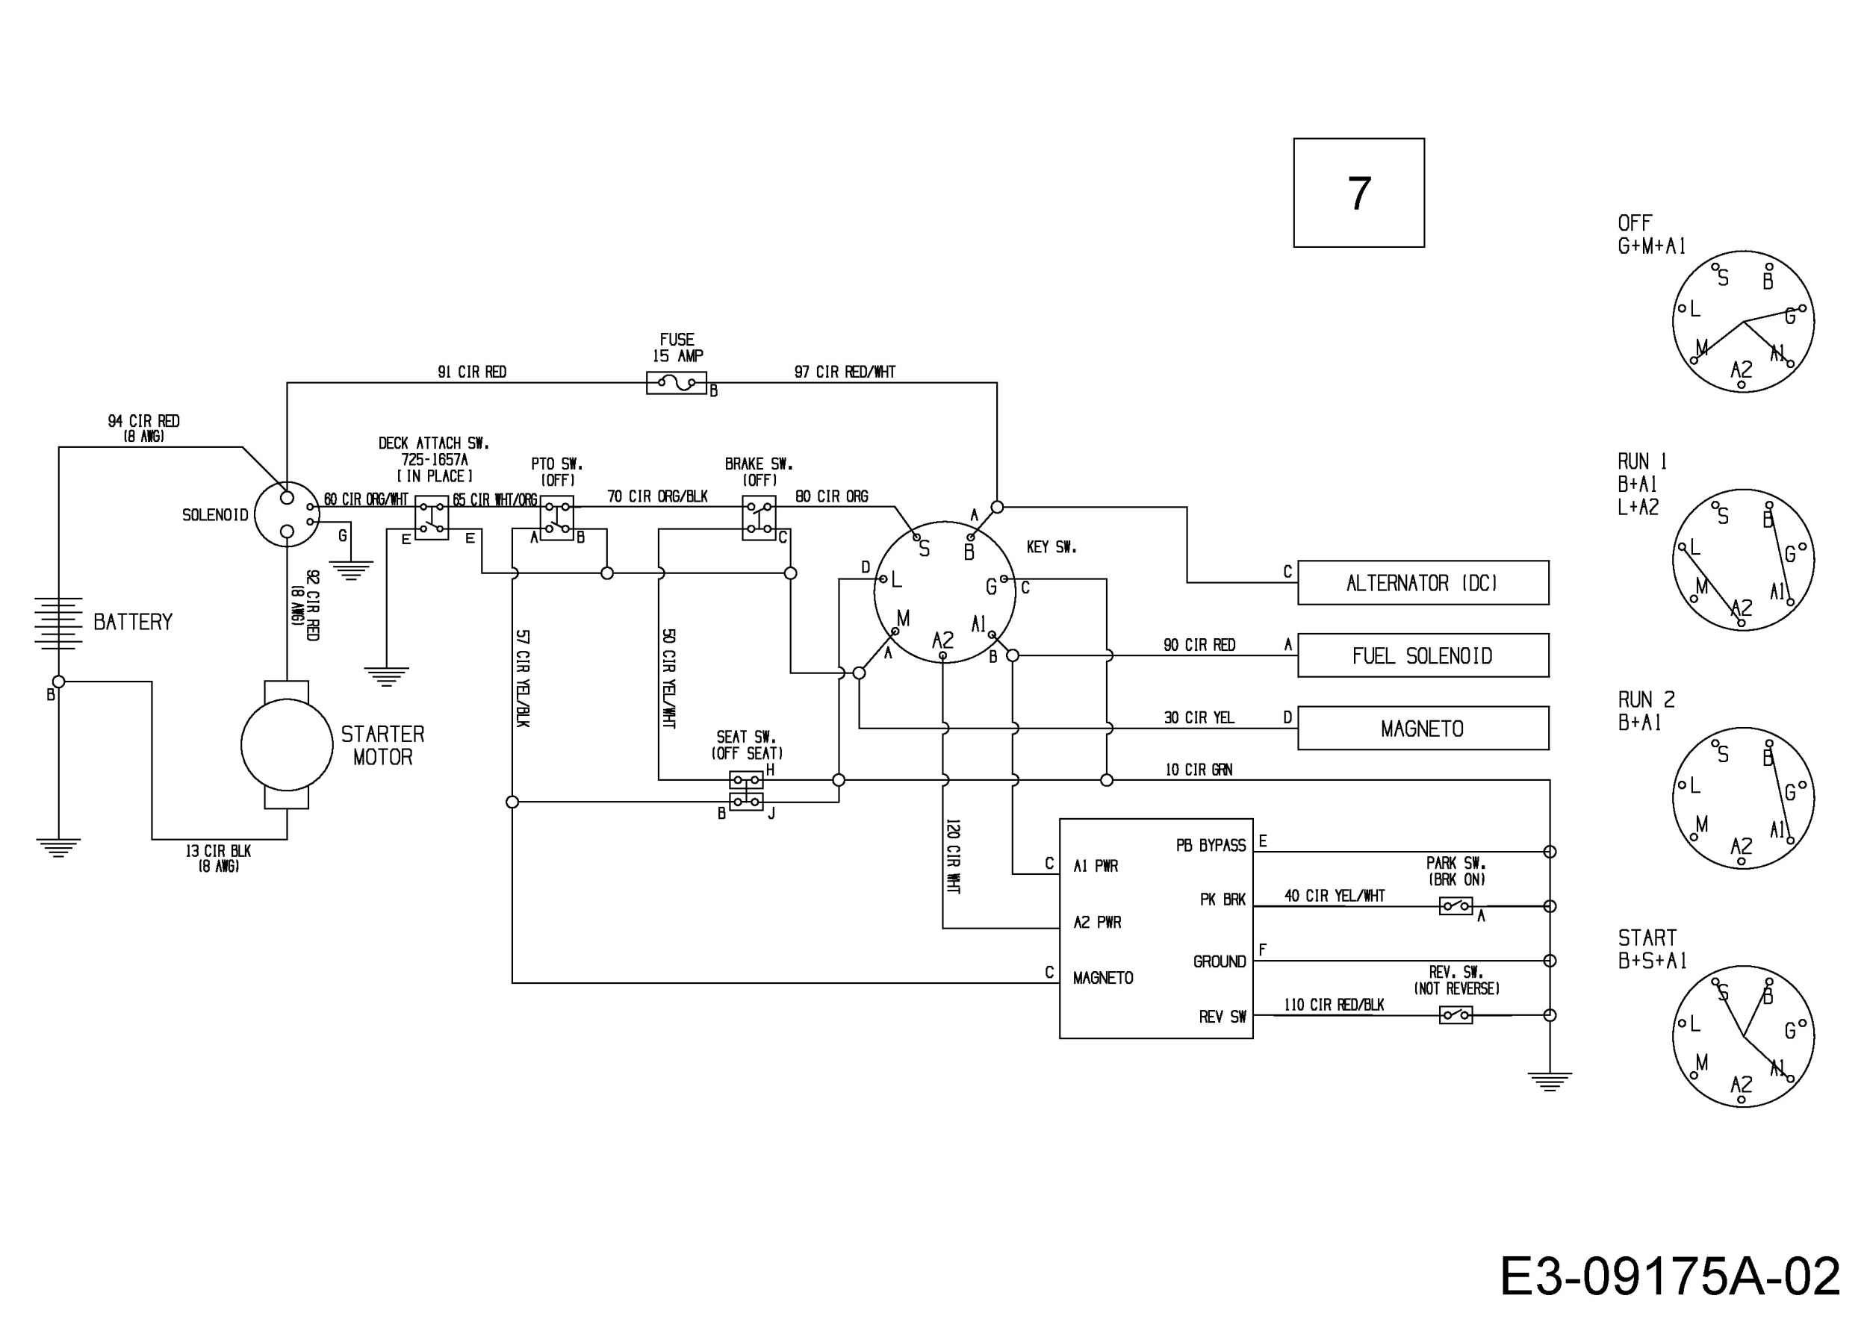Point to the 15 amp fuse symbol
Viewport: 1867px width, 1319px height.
click(x=677, y=382)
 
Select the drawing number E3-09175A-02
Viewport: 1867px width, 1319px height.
click(x=1670, y=1276)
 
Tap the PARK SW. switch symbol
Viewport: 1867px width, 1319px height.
click(x=1456, y=905)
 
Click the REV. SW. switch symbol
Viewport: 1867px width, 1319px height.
click(x=1456, y=1014)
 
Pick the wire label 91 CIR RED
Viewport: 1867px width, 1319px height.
click(x=472, y=372)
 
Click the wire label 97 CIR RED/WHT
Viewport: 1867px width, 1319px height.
click(x=844, y=372)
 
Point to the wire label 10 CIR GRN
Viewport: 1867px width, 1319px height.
click(x=1199, y=770)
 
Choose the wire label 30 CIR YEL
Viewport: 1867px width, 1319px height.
click(x=1199, y=717)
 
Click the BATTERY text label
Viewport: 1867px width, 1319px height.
click(x=134, y=622)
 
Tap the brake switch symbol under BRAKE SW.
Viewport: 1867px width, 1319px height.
click(x=759, y=518)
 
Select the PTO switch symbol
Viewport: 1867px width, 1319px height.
click(x=556, y=518)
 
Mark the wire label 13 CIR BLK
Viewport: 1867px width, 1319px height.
click(x=218, y=851)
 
